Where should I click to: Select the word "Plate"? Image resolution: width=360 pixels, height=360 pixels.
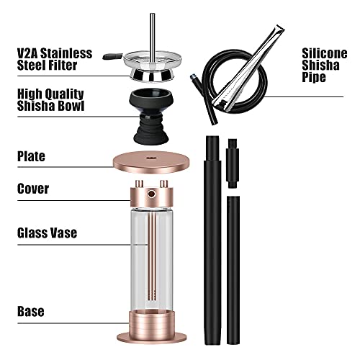pos(32,156)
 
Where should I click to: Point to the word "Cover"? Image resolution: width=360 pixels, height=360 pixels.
pos(33,189)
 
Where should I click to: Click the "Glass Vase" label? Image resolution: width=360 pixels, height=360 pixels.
pos(48,233)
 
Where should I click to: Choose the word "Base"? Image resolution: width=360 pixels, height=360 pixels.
pos(30,312)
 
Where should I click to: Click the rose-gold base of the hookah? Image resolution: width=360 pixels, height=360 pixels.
pos(153,328)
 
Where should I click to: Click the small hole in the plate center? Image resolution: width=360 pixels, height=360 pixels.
pos(153,156)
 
